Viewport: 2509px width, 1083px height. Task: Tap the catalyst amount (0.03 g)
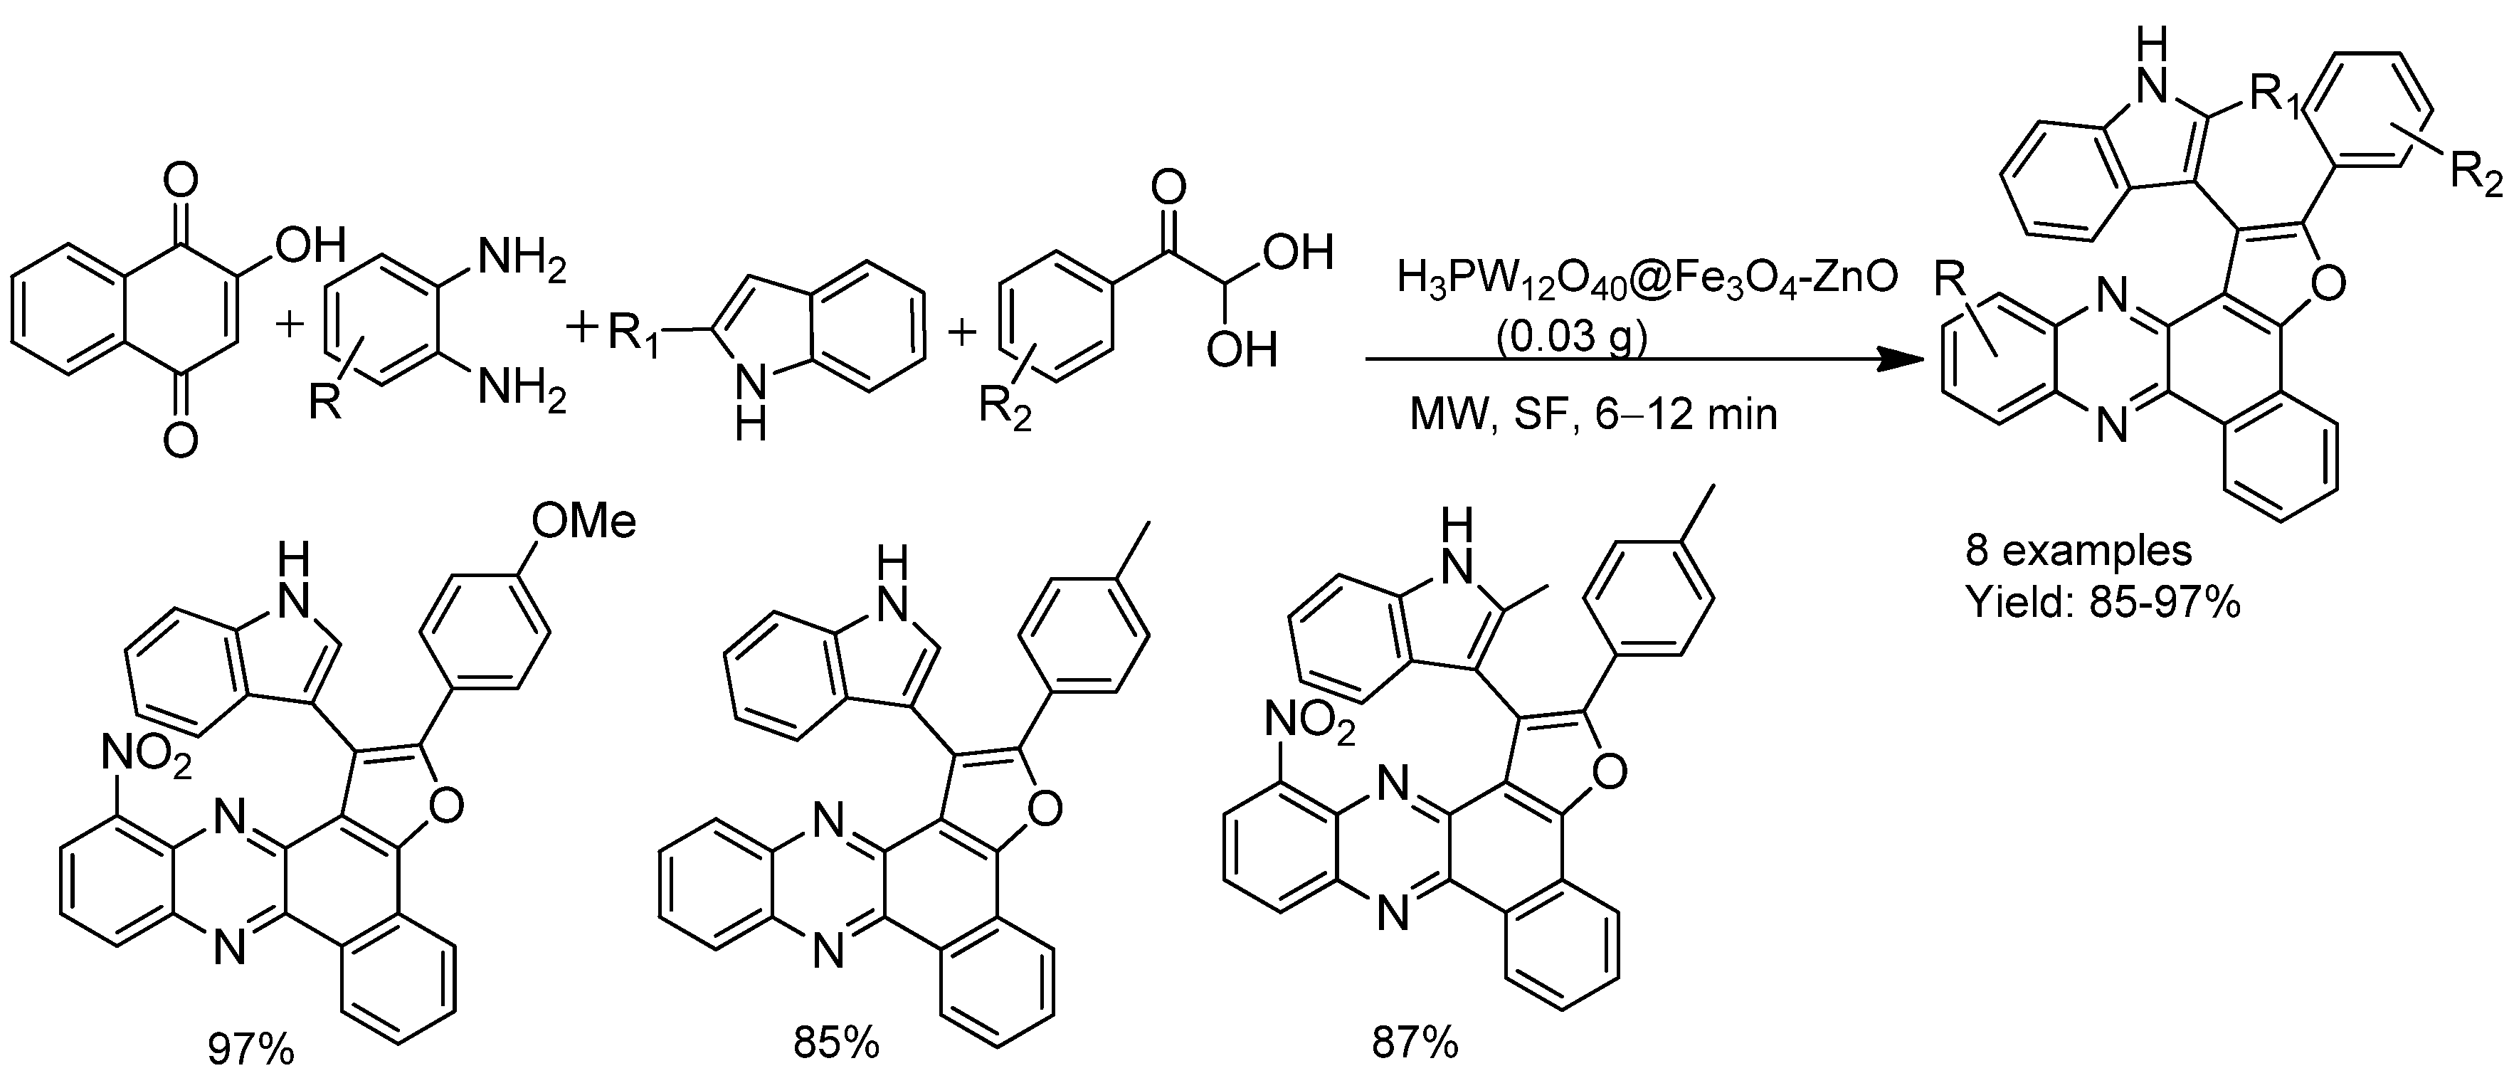pyautogui.click(x=1569, y=336)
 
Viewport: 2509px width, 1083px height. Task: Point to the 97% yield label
pyautogui.click(x=250, y=1049)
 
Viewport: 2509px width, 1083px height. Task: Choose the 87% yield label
pyautogui.click(x=1415, y=1043)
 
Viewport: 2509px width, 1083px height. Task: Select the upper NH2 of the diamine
pyautogui.click(x=520, y=262)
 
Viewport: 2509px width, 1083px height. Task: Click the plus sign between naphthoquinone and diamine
pyautogui.click(x=290, y=323)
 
